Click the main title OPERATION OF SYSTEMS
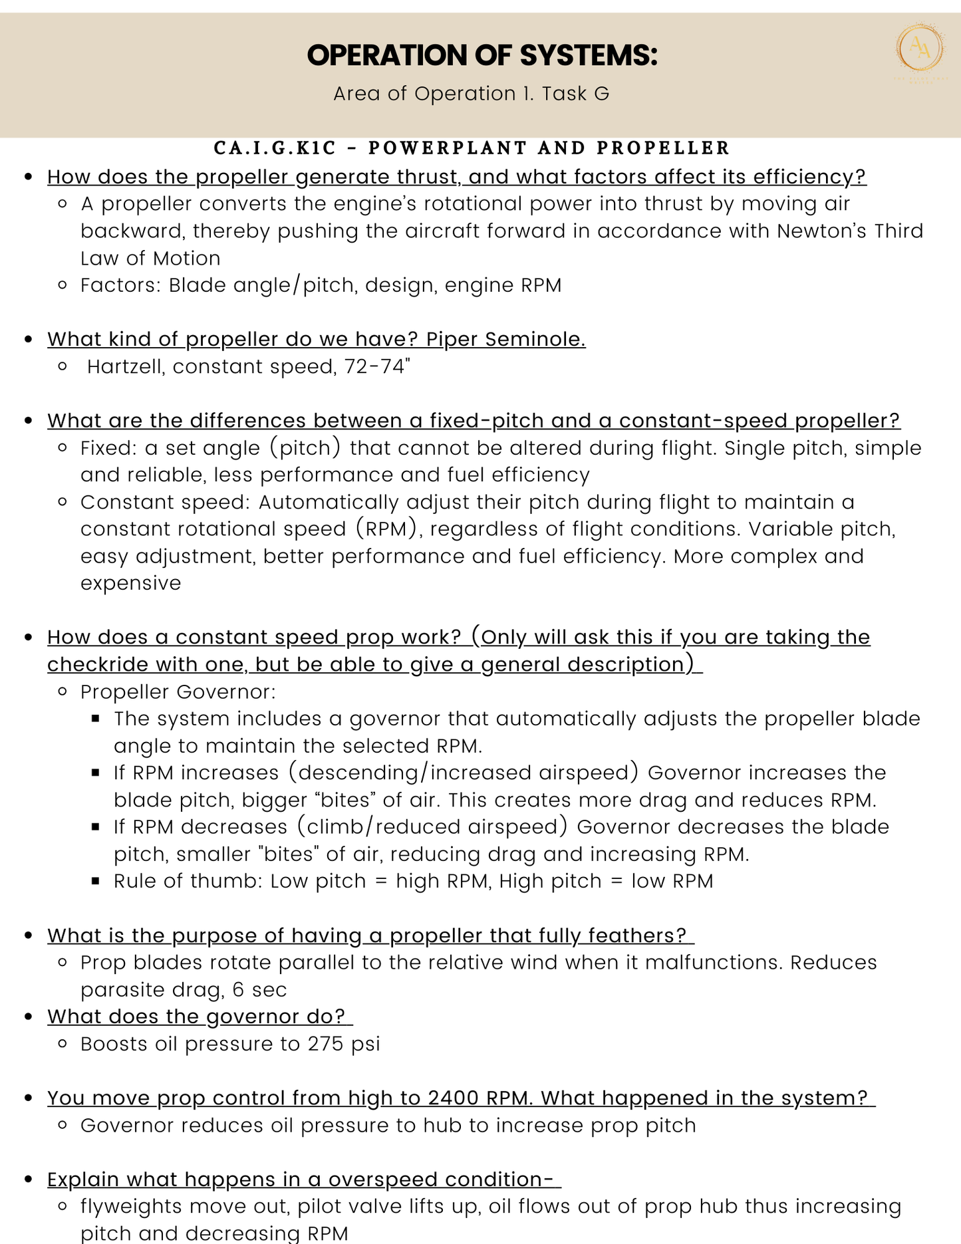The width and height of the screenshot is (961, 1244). click(482, 55)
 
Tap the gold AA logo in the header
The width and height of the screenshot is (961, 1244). click(920, 47)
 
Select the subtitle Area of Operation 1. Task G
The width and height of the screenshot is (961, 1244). click(471, 94)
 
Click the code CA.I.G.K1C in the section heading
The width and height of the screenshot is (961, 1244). click(275, 148)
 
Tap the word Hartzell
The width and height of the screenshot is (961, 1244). click(126, 367)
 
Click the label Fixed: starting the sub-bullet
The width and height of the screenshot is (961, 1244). click(107, 448)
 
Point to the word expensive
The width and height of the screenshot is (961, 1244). click(130, 583)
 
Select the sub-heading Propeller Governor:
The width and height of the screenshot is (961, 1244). click(178, 692)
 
